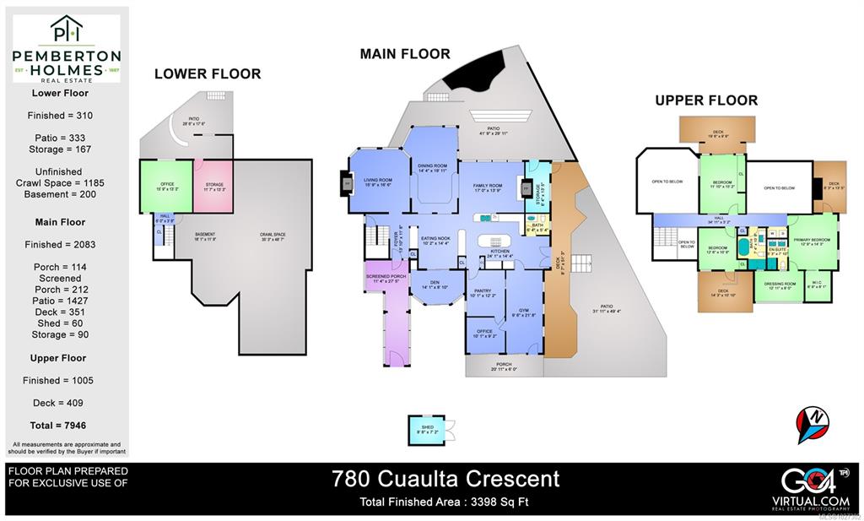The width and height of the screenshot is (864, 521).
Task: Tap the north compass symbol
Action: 813,424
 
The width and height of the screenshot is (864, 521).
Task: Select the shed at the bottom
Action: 428,430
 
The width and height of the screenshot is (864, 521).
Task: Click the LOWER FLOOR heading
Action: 208,74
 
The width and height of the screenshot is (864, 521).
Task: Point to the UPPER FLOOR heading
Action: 706,100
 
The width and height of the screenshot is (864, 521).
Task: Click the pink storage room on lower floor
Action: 214,187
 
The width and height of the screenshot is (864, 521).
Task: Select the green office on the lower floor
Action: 165,187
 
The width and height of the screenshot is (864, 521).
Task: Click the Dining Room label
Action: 432,168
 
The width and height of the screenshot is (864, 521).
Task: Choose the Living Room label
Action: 377,181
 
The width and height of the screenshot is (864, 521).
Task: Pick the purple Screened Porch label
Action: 386,279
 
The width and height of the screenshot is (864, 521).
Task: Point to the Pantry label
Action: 483,292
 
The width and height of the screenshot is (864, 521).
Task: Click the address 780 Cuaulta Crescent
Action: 445,479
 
